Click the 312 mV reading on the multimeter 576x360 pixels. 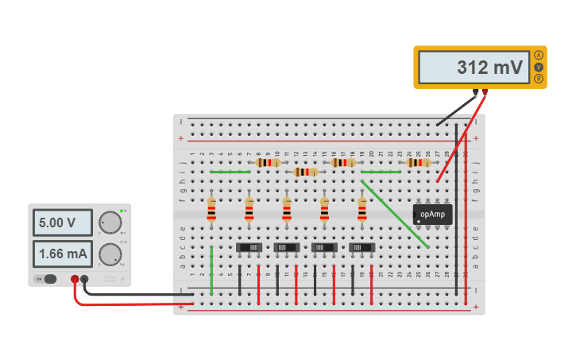pyautogui.click(x=490, y=68)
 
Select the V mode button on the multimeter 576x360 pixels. pyautogui.click(x=539, y=67)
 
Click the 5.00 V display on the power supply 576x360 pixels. pyautogui.click(x=62, y=223)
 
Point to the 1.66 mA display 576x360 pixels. pyautogui.click(x=62, y=254)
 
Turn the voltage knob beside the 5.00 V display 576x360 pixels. pyautogui.click(x=110, y=223)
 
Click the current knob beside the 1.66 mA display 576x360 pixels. pyautogui.click(x=110, y=254)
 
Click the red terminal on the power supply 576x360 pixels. pyautogui.click(x=75, y=279)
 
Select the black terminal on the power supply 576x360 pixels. pyautogui.click(x=85, y=279)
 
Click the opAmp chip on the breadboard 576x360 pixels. pyautogui.click(x=433, y=214)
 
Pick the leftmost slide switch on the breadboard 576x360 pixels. pyautogui.click(x=249, y=247)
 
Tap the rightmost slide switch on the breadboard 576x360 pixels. pyautogui.click(x=362, y=247)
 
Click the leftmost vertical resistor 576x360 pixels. pyautogui.click(x=211, y=210)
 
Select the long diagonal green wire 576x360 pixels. pyautogui.click(x=395, y=215)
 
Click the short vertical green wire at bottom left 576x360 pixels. pyautogui.click(x=211, y=270)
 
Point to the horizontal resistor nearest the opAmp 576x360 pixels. pyautogui.click(x=419, y=163)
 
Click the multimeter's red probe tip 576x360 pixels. pyautogui.click(x=439, y=180)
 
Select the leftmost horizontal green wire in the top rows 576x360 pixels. pyautogui.click(x=230, y=172)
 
